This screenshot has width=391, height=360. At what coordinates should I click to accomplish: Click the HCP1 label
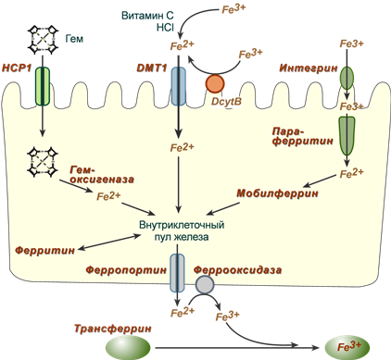[x=17, y=68]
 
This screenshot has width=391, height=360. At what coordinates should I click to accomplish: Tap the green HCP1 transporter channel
[x=43, y=86]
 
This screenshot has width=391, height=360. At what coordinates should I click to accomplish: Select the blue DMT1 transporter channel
[x=179, y=86]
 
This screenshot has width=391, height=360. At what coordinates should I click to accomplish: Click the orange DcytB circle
[x=215, y=83]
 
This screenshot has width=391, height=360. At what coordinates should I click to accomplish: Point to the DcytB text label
[x=226, y=102]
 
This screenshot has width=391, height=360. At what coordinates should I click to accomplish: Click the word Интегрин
[x=309, y=68]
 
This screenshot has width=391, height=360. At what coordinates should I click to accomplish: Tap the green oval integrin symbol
[x=347, y=78]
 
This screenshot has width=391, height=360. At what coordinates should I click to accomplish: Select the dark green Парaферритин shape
[x=347, y=136]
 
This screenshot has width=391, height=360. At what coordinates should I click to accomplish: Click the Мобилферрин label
[x=277, y=193]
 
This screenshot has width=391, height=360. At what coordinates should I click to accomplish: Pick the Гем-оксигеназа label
[x=101, y=174]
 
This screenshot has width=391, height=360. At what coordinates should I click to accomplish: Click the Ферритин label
[x=45, y=250]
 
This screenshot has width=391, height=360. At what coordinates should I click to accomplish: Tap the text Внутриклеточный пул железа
[x=182, y=230]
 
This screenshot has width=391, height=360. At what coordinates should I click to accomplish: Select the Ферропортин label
[x=126, y=270]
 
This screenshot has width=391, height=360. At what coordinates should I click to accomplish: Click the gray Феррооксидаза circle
[x=205, y=284]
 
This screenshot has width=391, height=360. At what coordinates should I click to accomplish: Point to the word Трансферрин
[x=113, y=329]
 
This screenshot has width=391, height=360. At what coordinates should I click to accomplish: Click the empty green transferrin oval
[x=128, y=348]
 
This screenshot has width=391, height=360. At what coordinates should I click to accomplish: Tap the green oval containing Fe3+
[x=347, y=347]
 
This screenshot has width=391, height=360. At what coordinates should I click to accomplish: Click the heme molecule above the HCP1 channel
[x=43, y=39]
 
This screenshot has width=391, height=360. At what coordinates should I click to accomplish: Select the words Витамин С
[x=147, y=16]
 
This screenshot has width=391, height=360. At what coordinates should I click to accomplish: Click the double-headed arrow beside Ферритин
[x=109, y=242]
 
